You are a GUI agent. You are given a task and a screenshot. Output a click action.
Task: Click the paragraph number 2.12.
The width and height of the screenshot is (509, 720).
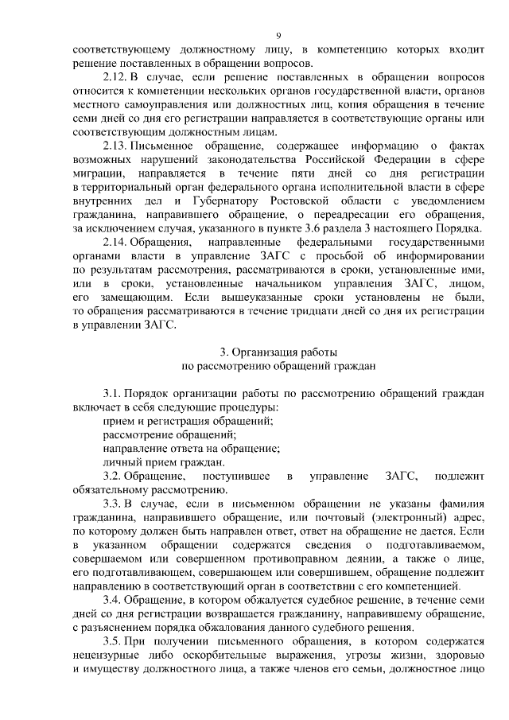tap(116, 78)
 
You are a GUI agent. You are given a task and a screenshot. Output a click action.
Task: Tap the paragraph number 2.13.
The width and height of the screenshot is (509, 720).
tap(116, 146)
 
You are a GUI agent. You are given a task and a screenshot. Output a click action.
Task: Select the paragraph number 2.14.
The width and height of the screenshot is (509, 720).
tap(116, 243)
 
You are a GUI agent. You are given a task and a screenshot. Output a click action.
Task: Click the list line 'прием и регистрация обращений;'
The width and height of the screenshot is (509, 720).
tap(188, 421)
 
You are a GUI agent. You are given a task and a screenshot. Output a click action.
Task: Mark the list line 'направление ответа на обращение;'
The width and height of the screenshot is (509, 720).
tap(192, 448)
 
